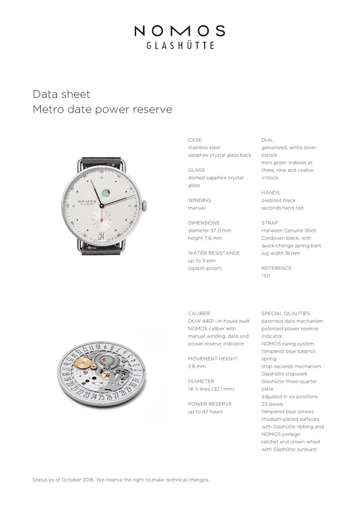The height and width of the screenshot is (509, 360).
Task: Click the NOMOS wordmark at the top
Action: pyautogui.click(x=180, y=31)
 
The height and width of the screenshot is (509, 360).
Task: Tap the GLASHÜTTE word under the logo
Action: pyautogui.click(x=180, y=45)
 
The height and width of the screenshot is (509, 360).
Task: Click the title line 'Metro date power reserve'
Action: pyautogui.click(x=102, y=109)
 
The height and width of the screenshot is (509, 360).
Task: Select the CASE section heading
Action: pyautogui.click(x=195, y=140)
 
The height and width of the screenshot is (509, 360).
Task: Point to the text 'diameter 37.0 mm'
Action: pyautogui.click(x=210, y=231)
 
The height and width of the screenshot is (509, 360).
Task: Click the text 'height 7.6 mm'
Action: pyautogui.click(x=205, y=238)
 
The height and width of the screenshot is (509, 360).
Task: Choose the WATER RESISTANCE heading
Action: pyautogui.click(x=214, y=253)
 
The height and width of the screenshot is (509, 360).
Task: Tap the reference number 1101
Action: pyautogui.click(x=266, y=276)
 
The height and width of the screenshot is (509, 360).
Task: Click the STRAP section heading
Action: pyautogui.click(x=270, y=223)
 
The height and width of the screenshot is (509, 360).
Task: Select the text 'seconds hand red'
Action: pyautogui.click(x=282, y=208)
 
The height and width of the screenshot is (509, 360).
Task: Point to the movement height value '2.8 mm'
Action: pyautogui.click(x=197, y=366)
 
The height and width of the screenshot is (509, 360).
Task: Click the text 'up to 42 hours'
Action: pyautogui.click(x=205, y=412)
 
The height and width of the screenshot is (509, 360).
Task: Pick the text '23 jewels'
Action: pyautogui.click(x=272, y=404)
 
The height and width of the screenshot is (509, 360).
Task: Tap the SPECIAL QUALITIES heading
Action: pyautogui.click(x=286, y=314)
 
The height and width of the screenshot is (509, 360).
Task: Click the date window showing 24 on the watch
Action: pyautogui.click(x=102, y=236)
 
